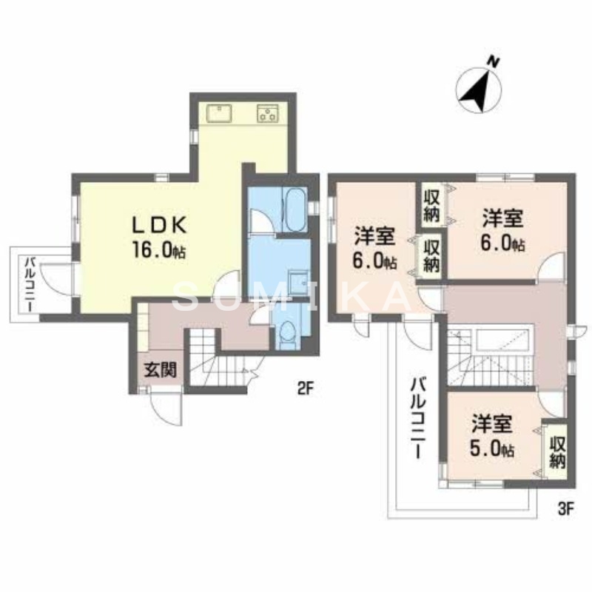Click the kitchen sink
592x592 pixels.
[x=220, y=112]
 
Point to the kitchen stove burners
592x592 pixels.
[x=267, y=112]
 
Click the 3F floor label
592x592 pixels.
[x=565, y=508]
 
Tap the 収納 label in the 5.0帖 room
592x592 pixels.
[x=557, y=451]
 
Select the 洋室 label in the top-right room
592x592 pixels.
[x=503, y=218]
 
